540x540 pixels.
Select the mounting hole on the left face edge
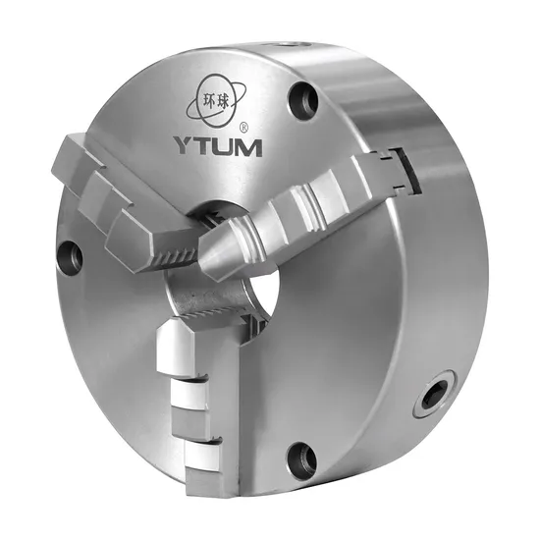[x=70, y=257]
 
